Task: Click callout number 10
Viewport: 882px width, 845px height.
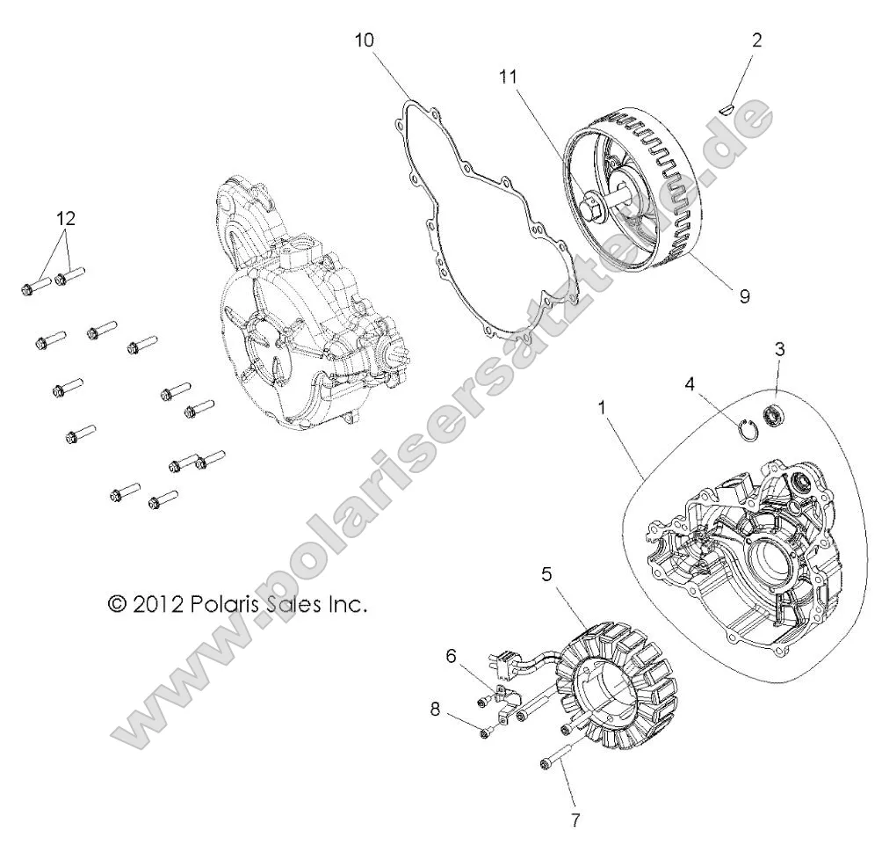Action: [x=365, y=40]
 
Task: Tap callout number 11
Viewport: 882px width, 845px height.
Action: [x=509, y=76]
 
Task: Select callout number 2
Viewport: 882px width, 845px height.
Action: [x=757, y=40]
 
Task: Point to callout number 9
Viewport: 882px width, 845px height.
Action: [x=744, y=296]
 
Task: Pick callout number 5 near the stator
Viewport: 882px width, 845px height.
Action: [x=546, y=575]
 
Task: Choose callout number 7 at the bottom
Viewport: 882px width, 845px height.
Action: [x=575, y=820]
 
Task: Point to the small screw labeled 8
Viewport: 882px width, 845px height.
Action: [x=485, y=732]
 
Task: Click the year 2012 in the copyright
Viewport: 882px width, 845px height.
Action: [x=159, y=604]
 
